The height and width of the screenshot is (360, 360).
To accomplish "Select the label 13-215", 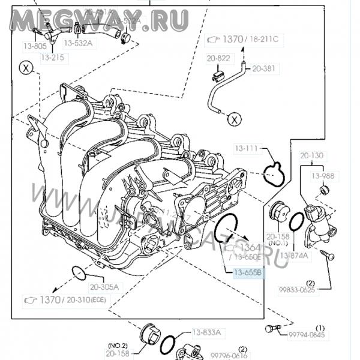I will (x=52, y=58).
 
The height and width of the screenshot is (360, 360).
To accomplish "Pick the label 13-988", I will (x=323, y=176).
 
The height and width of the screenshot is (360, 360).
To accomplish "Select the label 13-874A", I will (x=296, y=255).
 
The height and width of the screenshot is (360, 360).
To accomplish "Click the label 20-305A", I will (x=104, y=286).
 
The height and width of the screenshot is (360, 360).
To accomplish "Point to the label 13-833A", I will (x=206, y=332).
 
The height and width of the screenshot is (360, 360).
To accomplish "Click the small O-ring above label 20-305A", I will (x=77, y=273).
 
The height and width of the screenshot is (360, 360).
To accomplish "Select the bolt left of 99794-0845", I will (x=271, y=328).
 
